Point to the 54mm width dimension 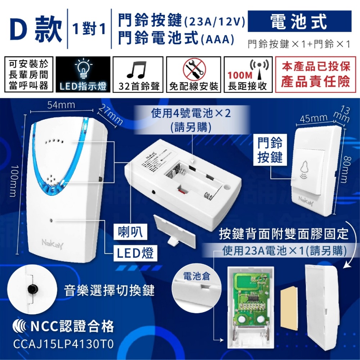coord(61,105)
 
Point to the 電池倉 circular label coord(196,276)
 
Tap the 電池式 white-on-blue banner coord(299,22)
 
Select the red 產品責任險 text coord(315,82)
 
